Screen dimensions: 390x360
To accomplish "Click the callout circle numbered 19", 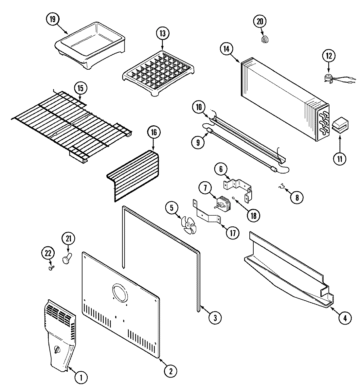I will point(52,19).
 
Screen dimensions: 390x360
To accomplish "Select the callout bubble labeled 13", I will point(163,33).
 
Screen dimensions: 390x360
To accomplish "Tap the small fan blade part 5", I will point(189,226).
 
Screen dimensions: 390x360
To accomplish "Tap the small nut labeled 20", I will point(265,40).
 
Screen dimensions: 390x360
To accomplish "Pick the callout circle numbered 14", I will point(226,49).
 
